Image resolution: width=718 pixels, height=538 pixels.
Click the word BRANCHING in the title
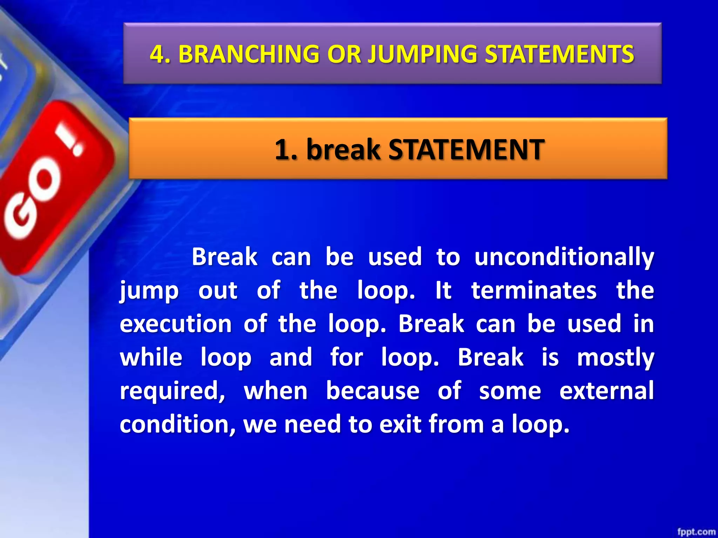click(249, 54)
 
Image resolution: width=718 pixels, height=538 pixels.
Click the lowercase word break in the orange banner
click(343, 150)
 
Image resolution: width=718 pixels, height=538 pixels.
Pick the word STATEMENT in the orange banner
click(466, 150)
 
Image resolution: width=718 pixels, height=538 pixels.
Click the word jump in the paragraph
click(149, 291)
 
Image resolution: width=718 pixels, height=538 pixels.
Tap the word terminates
click(534, 290)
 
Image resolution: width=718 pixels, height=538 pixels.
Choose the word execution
click(176, 324)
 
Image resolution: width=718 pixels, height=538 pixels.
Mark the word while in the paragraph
click(151, 358)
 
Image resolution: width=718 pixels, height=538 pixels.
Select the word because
click(373, 391)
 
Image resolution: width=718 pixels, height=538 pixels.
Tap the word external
click(607, 391)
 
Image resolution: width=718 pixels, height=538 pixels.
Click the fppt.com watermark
click(696, 532)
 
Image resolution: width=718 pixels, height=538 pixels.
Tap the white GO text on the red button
click(33, 200)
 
